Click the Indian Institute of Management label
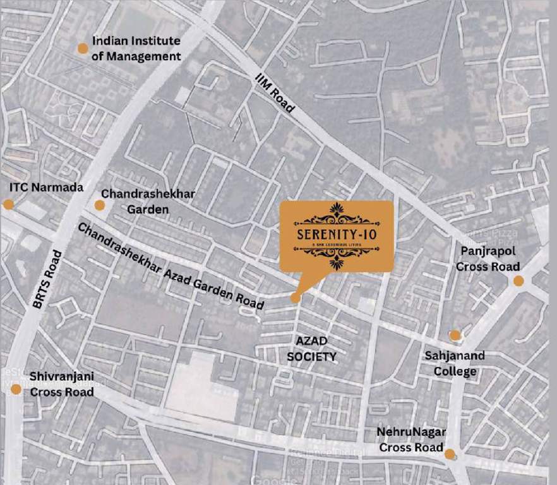tap(136, 49)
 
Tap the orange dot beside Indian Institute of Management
tap(82, 49)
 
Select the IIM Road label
tap(275, 93)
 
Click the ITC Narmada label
tap(46, 188)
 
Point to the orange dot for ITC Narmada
tap(8, 204)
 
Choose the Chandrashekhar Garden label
tap(148, 201)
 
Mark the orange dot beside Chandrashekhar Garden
tap(100, 205)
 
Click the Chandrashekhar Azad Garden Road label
tap(171, 265)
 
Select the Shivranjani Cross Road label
tap(62, 383)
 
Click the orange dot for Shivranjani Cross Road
tap(16, 389)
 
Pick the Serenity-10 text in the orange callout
tap(336, 230)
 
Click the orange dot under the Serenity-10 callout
tap(296, 298)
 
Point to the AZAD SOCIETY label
tap(311, 349)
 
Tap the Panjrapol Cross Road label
tap(488, 259)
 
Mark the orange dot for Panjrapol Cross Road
tap(518, 281)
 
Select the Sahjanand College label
tap(455, 363)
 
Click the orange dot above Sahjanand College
tap(455, 335)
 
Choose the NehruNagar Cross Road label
tap(411, 440)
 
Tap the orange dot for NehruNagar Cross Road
tap(450, 454)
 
